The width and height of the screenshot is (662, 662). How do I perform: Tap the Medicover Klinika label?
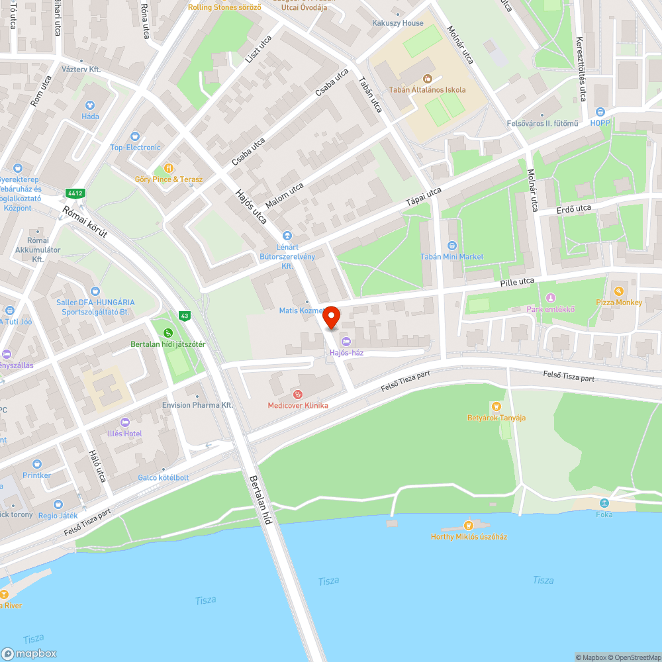tap(298, 405)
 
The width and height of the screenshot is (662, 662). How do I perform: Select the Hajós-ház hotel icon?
tap(346, 342)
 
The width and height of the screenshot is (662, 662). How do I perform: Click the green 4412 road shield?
tap(74, 193)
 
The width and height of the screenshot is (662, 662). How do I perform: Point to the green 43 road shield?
tap(185, 317)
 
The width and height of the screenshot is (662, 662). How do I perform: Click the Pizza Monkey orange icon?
tap(619, 291)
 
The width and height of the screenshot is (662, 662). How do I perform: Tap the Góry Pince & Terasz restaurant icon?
tap(168, 168)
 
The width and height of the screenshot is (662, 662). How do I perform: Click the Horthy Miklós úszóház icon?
tap(469, 524)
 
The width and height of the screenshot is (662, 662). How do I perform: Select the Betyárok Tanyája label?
tap(496, 418)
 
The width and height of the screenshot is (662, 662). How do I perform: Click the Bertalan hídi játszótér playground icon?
tap(168, 332)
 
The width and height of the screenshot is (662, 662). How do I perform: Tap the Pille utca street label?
tap(517, 282)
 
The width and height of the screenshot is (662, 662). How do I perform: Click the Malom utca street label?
tap(284, 196)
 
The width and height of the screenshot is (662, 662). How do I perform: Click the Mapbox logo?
tap(29, 653)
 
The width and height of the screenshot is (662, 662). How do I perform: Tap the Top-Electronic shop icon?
tap(136, 136)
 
